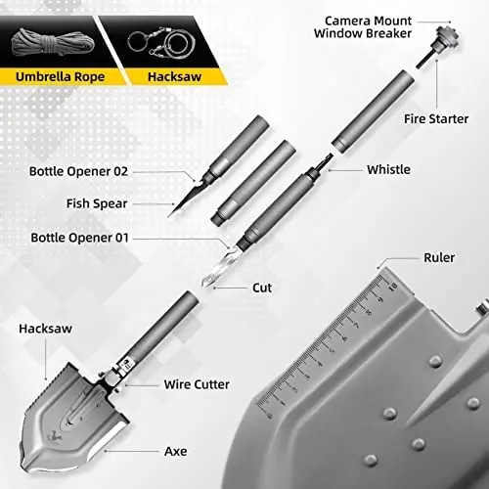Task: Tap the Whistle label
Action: click(x=388, y=169)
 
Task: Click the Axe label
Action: click(x=174, y=453)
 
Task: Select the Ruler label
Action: click(x=438, y=259)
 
